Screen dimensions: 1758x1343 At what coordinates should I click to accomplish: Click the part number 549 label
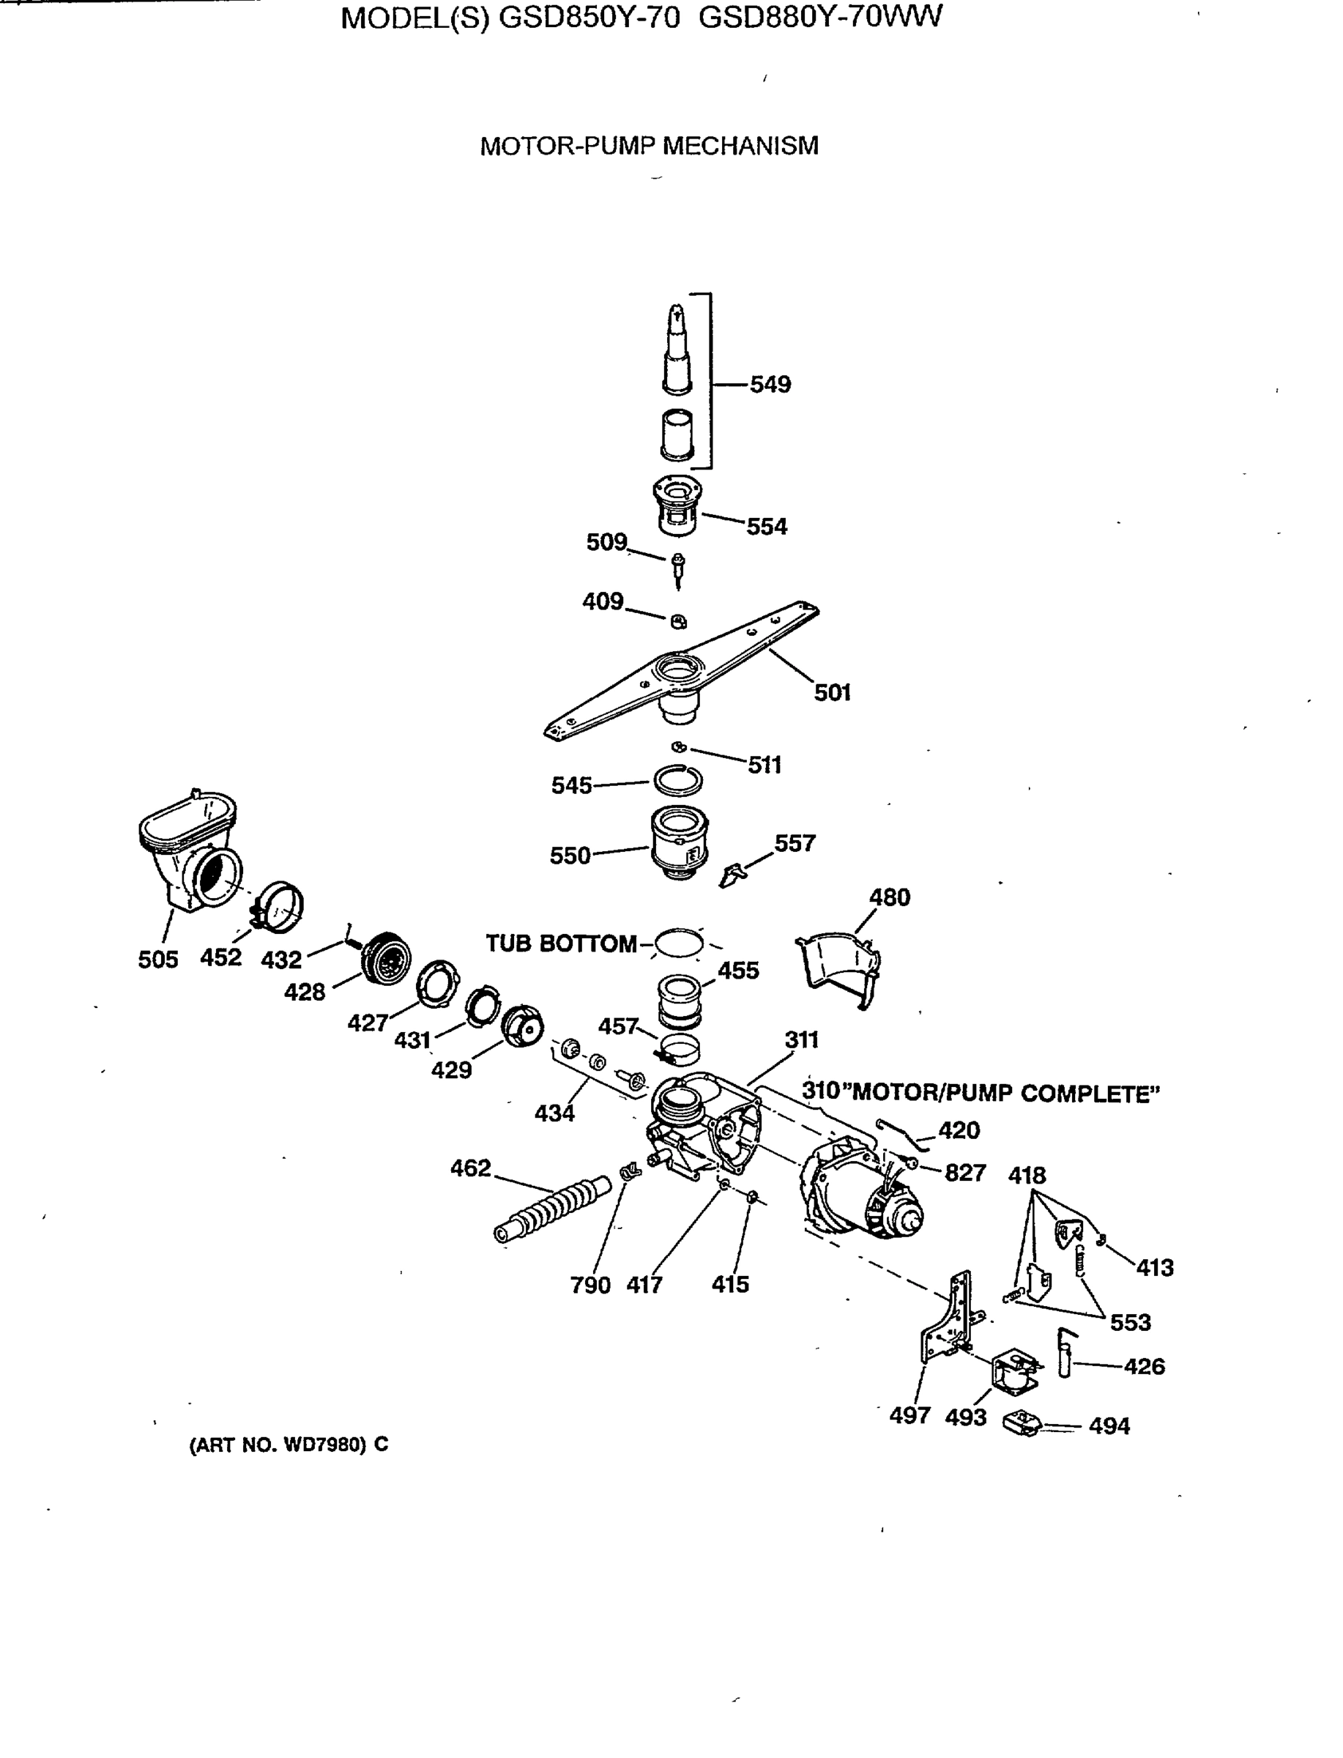770,385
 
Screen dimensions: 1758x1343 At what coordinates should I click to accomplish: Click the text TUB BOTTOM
561,943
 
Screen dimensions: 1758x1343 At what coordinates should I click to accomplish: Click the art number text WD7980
324,1444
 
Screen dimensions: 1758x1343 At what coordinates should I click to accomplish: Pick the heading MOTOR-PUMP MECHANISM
648,146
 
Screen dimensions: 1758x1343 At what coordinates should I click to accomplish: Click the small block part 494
1022,1424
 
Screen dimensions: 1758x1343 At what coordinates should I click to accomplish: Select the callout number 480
889,897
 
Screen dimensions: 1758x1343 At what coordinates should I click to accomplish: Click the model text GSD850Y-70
589,18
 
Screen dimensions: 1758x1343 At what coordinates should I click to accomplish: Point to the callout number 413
1154,1267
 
